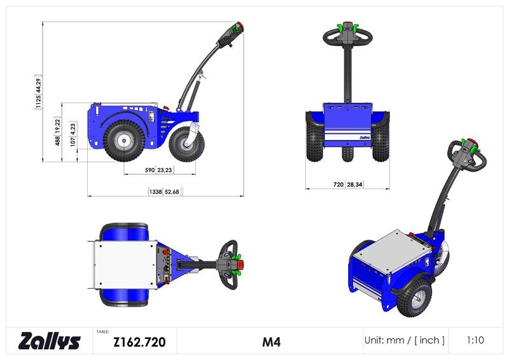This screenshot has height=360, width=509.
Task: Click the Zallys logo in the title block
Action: pos(50,341)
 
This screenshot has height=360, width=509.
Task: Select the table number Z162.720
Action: pos(139,342)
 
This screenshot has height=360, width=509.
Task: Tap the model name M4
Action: pos(271,342)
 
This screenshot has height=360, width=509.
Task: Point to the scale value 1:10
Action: pos(475,340)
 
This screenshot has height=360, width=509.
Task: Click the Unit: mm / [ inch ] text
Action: pos(405,340)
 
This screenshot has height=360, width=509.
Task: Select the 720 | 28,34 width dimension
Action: pos(347,184)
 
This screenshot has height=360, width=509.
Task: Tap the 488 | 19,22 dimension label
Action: pos(57,132)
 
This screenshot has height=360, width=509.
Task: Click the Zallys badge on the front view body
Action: pos(365,136)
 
